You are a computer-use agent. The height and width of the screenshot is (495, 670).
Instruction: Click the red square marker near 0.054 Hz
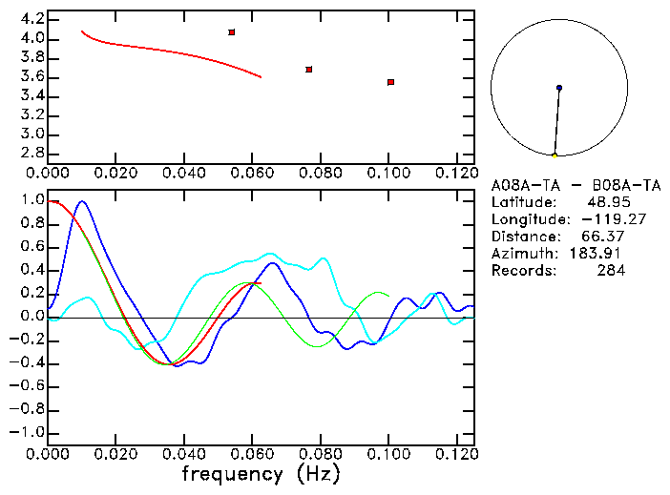pos(232,32)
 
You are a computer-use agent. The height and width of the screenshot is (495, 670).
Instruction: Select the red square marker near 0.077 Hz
pos(309,70)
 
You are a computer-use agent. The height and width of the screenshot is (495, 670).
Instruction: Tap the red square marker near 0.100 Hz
pos(391,82)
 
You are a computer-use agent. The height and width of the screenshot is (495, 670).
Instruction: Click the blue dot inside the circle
pos(559,88)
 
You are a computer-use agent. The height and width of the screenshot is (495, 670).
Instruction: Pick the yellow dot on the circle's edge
pos(555,155)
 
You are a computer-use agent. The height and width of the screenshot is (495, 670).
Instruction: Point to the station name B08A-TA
pos(626,185)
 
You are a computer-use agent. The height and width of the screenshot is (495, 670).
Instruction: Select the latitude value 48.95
pos(606,202)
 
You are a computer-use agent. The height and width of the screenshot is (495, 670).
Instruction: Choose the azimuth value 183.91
pos(602,254)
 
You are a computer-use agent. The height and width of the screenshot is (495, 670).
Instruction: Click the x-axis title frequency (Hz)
pos(260,474)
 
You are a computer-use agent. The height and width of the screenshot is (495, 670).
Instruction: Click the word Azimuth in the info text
pos(522,254)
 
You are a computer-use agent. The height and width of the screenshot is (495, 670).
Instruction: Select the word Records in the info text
pos(522,271)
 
